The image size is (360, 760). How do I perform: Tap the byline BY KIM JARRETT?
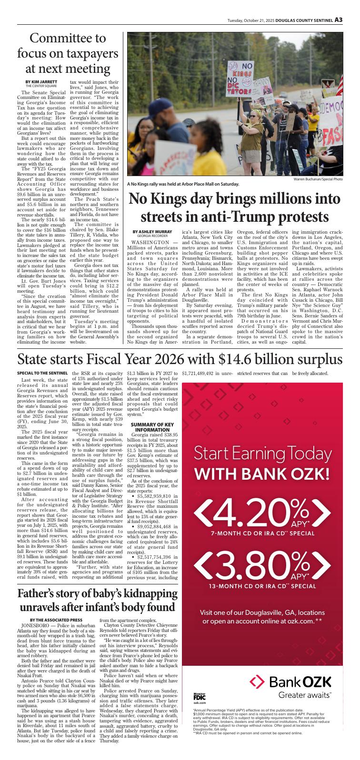click(x=38, y=82)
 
